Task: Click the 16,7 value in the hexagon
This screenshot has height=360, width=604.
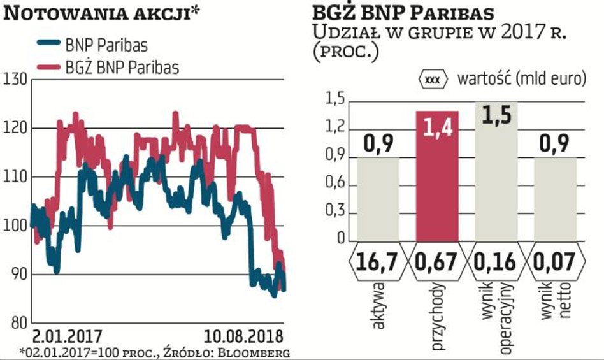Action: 378,261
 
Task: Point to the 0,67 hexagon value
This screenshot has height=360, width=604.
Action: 437,261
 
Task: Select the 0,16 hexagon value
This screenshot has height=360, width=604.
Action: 496,261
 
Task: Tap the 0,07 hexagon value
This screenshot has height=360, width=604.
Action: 554,261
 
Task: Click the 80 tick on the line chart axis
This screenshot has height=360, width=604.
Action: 17,323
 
